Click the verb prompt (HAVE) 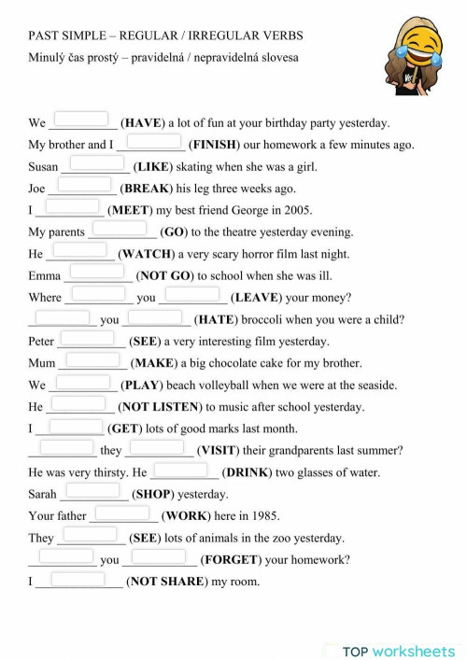(143, 122)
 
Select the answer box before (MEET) (72, 206)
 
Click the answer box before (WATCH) (80, 250)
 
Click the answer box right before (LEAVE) (191, 295)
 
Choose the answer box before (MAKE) (92, 359)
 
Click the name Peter (41, 342)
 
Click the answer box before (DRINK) (179, 470)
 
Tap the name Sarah (43, 494)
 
